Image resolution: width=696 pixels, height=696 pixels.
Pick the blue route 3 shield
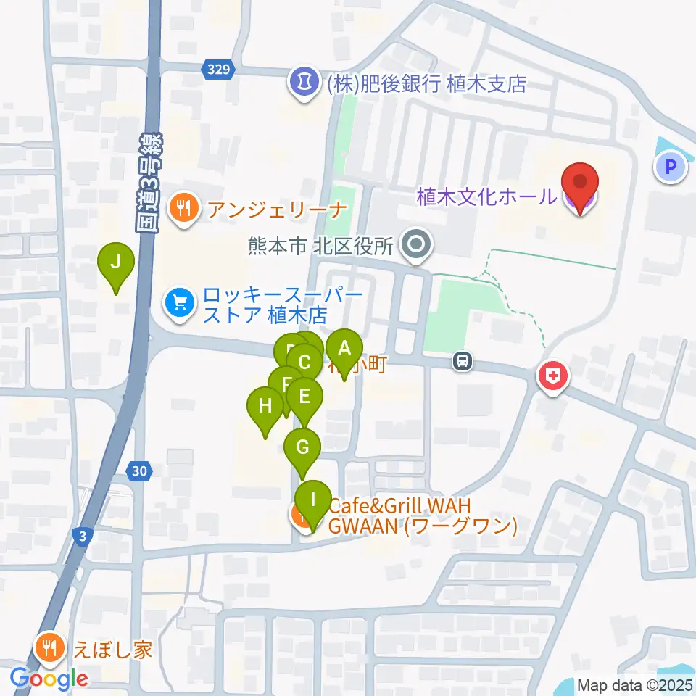(84, 536)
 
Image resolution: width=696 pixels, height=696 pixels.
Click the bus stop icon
(462, 360)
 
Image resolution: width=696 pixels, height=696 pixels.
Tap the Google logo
(49, 679)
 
